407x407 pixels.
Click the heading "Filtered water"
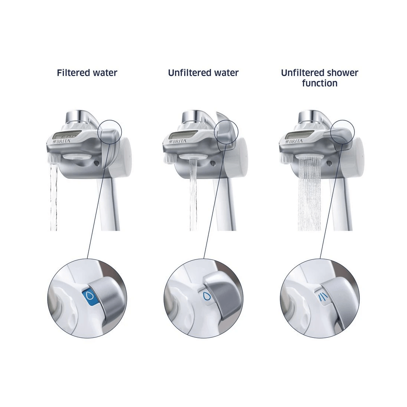tap(87, 73)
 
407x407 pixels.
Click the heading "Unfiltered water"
tap(203, 73)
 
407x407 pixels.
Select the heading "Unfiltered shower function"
tap(320, 78)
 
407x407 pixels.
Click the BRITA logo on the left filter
tap(65, 141)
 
